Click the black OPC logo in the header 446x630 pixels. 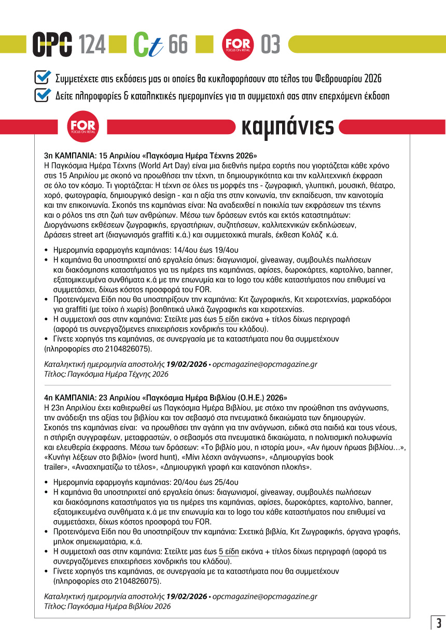52,45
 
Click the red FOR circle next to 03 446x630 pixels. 237,45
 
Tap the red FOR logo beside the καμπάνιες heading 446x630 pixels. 82,126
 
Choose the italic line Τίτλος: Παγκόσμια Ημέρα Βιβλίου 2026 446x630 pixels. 107,606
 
